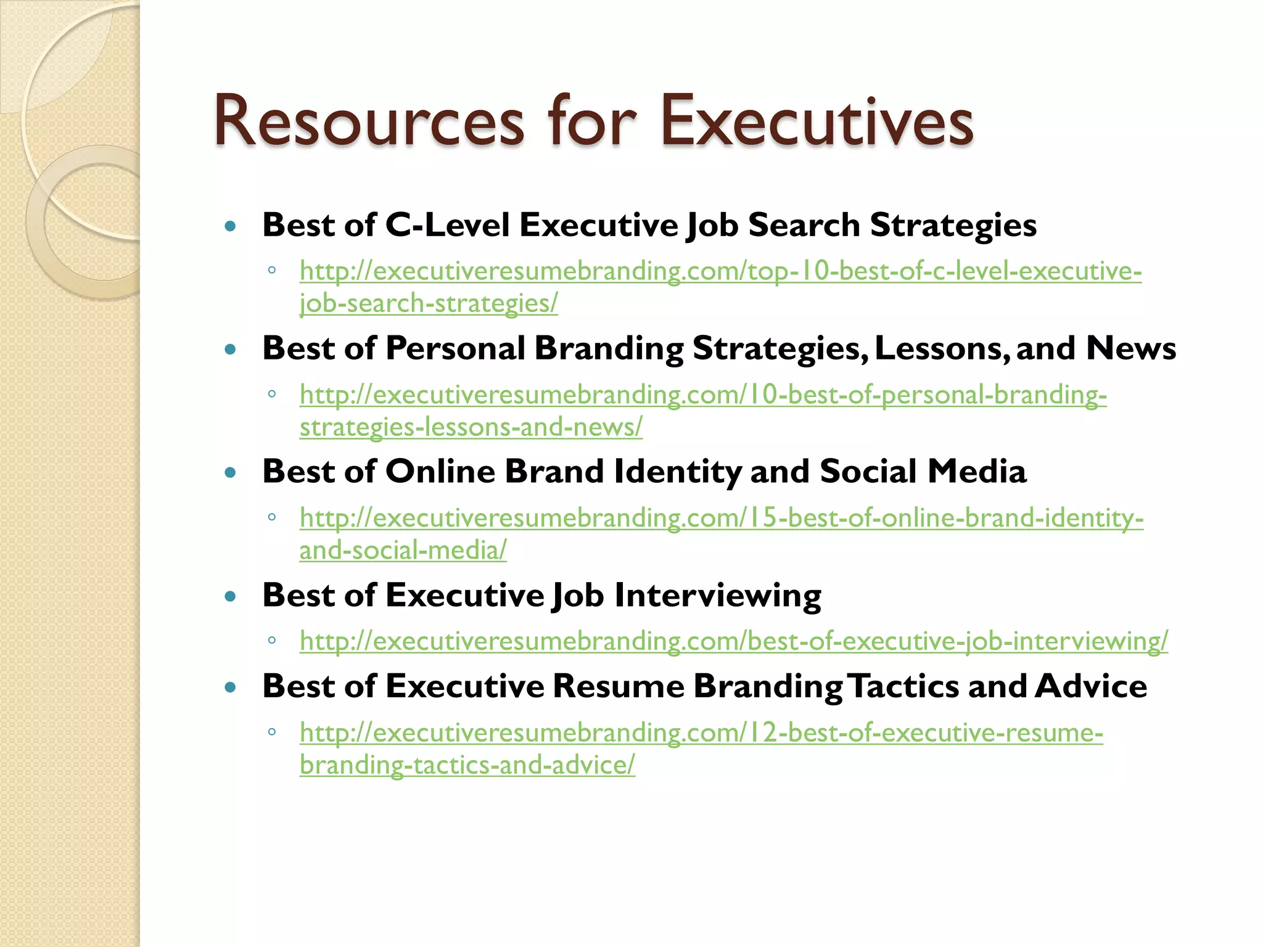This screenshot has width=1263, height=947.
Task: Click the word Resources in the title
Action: click(x=369, y=121)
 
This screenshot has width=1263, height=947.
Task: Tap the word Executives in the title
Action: click(x=817, y=121)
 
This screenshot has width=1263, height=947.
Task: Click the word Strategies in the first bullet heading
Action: click(x=953, y=226)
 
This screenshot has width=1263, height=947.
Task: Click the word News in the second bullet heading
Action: click(x=1130, y=348)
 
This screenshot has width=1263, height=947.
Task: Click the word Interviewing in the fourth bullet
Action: click(x=718, y=596)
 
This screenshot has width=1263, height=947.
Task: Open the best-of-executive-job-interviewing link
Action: click(x=734, y=641)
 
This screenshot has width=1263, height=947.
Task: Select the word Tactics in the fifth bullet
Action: click(x=903, y=686)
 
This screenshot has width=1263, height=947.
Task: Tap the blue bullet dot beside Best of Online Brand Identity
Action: click(x=231, y=473)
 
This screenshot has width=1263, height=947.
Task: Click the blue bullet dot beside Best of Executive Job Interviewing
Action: click(x=231, y=597)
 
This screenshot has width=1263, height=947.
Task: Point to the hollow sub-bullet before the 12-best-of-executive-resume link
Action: click(x=272, y=732)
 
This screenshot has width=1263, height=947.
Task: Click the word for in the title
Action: click(x=591, y=121)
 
